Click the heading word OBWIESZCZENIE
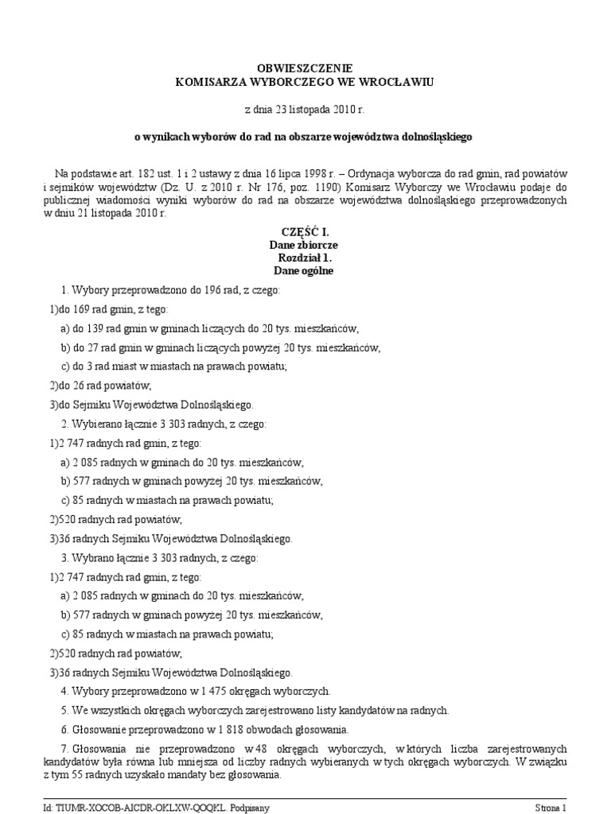coord(305,69)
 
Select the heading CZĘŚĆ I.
coord(305,234)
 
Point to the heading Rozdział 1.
coord(305,258)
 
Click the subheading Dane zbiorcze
coord(305,246)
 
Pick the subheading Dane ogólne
coord(305,271)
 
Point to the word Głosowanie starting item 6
coord(101,729)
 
